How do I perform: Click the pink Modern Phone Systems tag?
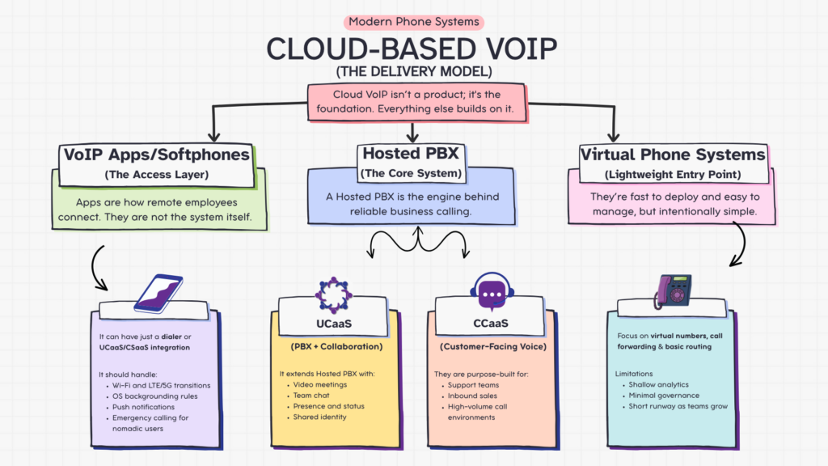[x=414, y=22]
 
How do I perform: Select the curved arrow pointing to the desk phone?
[x=740, y=247]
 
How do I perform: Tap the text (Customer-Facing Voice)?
[x=491, y=347]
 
